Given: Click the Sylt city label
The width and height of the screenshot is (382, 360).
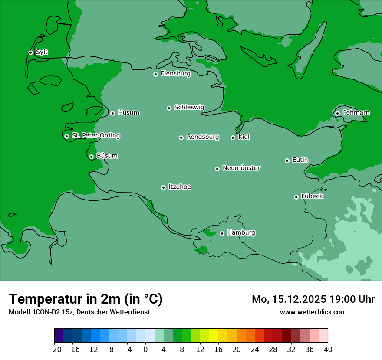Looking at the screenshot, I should pos(42,52).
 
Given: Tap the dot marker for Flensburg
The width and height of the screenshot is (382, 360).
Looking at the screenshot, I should pos(155,74).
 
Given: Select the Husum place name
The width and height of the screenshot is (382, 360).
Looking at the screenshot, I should pos(128,113).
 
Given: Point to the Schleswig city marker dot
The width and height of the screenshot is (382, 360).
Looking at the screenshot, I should pos(169,108).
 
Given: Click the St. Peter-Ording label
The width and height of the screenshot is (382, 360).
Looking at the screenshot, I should pos(95,136).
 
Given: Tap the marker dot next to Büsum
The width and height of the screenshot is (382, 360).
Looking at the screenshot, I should pos(91,157).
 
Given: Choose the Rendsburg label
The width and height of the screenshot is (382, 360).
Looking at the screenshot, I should pos(203,137).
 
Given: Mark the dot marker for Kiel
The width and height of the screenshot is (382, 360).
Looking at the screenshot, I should pos(233,137).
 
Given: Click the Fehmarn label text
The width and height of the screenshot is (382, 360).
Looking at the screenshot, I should pos(356,113).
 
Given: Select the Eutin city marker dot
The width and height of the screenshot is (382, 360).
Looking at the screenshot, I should pos(287,160).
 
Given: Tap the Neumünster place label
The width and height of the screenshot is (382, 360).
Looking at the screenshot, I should pos(241,168).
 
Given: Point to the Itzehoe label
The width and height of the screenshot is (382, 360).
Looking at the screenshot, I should pos(180,187).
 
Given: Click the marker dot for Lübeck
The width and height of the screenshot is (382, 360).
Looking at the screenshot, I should pos(296,197).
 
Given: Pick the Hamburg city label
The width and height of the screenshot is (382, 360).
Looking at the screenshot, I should pos(241,233).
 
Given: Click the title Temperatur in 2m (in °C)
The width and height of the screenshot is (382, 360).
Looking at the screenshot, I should pos(86,299).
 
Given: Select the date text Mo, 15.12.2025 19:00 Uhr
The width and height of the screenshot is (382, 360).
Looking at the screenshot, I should pos(313,299).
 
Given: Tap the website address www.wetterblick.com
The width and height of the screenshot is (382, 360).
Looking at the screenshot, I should pos(313,312).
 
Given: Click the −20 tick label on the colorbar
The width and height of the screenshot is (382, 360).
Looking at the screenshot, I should pos(54,350).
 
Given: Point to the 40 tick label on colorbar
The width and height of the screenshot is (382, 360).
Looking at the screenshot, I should pos(328,350).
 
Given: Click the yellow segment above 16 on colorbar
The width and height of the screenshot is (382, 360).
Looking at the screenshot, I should pos(214,336).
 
